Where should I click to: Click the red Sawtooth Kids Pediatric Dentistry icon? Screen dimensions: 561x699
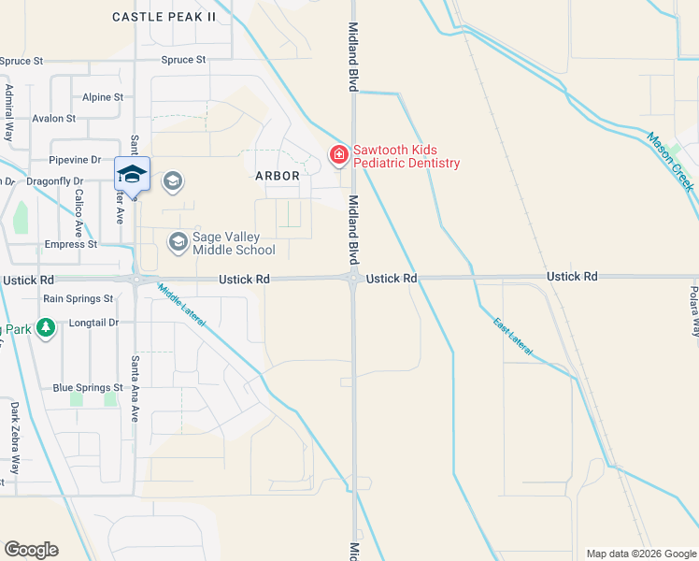pos(338,154)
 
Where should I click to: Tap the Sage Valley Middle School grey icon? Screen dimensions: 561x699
pos(178,243)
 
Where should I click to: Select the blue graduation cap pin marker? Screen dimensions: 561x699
pos(132,175)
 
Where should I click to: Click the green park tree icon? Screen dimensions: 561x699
pos(47,328)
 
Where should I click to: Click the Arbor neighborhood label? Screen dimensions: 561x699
pos(278,175)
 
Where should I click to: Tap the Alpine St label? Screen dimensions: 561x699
pos(103,97)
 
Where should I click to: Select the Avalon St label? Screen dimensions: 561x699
pos(54,119)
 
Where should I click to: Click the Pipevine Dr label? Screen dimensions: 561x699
pos(75,160)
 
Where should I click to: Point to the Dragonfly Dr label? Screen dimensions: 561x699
pos(54,180)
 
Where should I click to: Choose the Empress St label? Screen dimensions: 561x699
pos(71,244)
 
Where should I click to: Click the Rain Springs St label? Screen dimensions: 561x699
pos(78,298)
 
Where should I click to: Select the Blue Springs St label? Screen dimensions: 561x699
pos(88,387)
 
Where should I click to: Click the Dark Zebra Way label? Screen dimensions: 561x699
pos(14,435)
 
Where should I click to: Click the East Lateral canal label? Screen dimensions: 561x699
pos(513,335)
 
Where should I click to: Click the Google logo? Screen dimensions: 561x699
pos(31,550)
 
